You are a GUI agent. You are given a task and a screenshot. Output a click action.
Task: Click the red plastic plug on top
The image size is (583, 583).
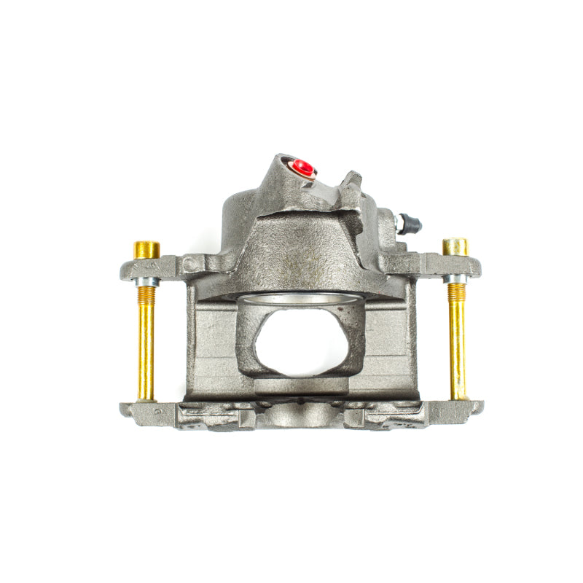coord(303,168)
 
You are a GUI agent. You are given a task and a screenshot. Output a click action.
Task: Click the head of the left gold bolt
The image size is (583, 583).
coord(146,249)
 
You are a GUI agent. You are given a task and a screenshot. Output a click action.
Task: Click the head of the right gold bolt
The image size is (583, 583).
coord(455,246)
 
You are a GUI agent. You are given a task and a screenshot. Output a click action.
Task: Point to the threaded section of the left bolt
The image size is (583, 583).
coord(146,295)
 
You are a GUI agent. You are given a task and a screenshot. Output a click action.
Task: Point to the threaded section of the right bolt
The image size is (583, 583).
coord(456,293)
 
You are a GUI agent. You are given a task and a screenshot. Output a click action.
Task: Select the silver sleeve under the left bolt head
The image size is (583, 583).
coord(147,281)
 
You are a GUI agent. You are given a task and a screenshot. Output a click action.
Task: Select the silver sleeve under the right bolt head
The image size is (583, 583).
coord(455,278)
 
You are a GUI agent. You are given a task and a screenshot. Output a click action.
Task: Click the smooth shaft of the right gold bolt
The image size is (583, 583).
coord(458,350)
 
